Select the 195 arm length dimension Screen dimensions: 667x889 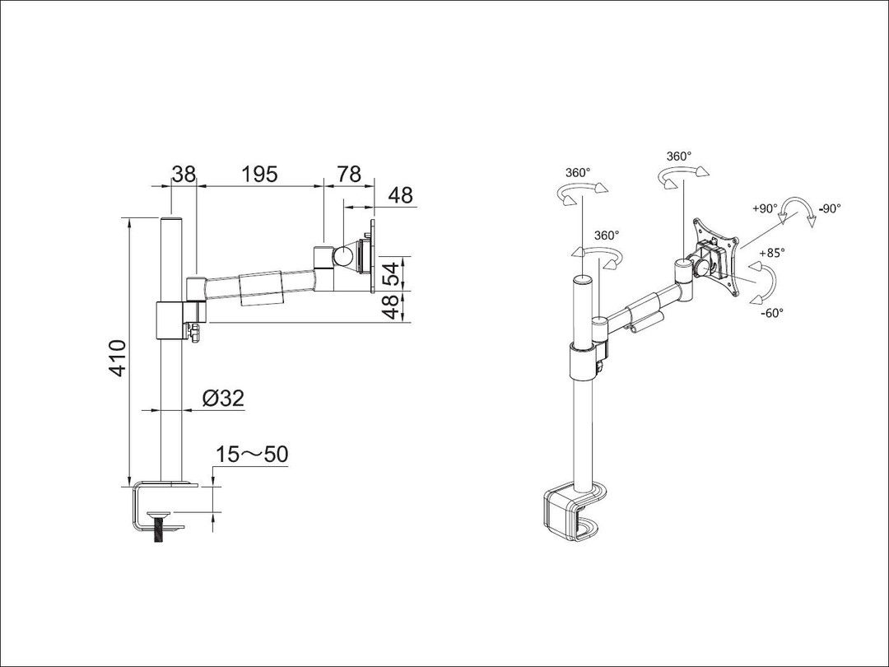click(259, 174)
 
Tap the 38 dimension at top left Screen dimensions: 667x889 click(184, 174)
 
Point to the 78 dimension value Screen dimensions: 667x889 click(349, 174)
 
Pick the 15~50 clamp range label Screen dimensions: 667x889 click(252, 455)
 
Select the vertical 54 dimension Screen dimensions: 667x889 click(395, 273)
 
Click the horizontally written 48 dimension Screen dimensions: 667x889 click(400, 195)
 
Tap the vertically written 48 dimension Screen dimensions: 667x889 click(395, 306)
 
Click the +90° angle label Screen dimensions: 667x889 click(765, 209)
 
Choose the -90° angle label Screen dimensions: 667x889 click(829, 209)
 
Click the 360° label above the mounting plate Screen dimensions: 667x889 click(678, 156)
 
